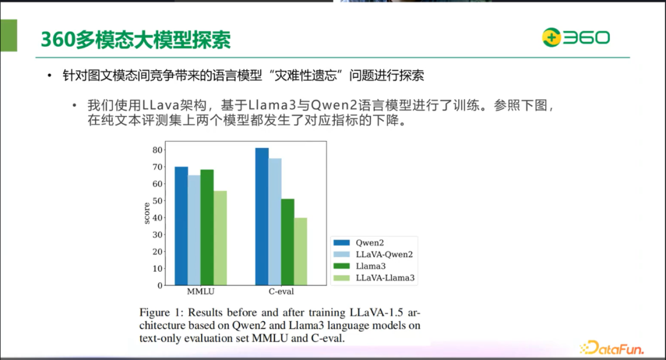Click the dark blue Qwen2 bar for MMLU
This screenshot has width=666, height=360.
click(181, 226)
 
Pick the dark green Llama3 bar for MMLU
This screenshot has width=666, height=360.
click(207, 227)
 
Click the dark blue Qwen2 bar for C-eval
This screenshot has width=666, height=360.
click(262, 216)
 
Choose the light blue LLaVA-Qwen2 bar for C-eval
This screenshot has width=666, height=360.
click(275, 222)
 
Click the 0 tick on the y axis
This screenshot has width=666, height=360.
click(159, 285)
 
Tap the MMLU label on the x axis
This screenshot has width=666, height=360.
click(200, 292)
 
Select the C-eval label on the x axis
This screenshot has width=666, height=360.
click(281, 292)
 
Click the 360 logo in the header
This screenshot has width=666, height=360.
click(576, 38)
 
